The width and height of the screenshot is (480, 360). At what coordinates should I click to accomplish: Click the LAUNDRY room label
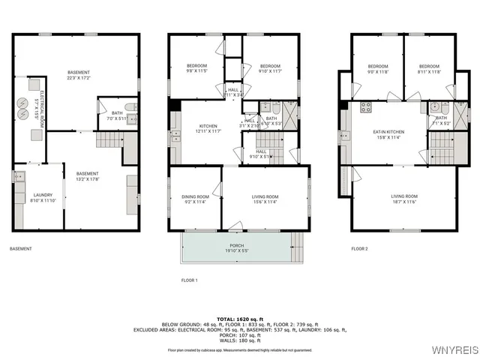[43, 196]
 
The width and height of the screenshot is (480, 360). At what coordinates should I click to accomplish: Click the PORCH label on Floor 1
[236, 247]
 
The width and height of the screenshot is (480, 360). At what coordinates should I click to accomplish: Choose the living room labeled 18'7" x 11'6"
[404, 199]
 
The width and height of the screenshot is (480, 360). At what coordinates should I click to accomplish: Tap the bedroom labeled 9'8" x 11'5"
[196, 68]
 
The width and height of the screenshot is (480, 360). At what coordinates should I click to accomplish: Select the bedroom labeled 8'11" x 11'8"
[429, 68]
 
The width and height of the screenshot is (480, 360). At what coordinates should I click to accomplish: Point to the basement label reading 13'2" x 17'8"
[87, 176]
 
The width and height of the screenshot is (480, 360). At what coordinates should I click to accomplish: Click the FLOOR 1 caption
[189, 280]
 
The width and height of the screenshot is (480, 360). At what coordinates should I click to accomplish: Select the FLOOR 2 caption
[360, 248]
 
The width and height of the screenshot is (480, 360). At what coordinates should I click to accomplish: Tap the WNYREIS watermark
[451, 350]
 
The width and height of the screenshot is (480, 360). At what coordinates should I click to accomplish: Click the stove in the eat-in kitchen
[366, 106]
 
